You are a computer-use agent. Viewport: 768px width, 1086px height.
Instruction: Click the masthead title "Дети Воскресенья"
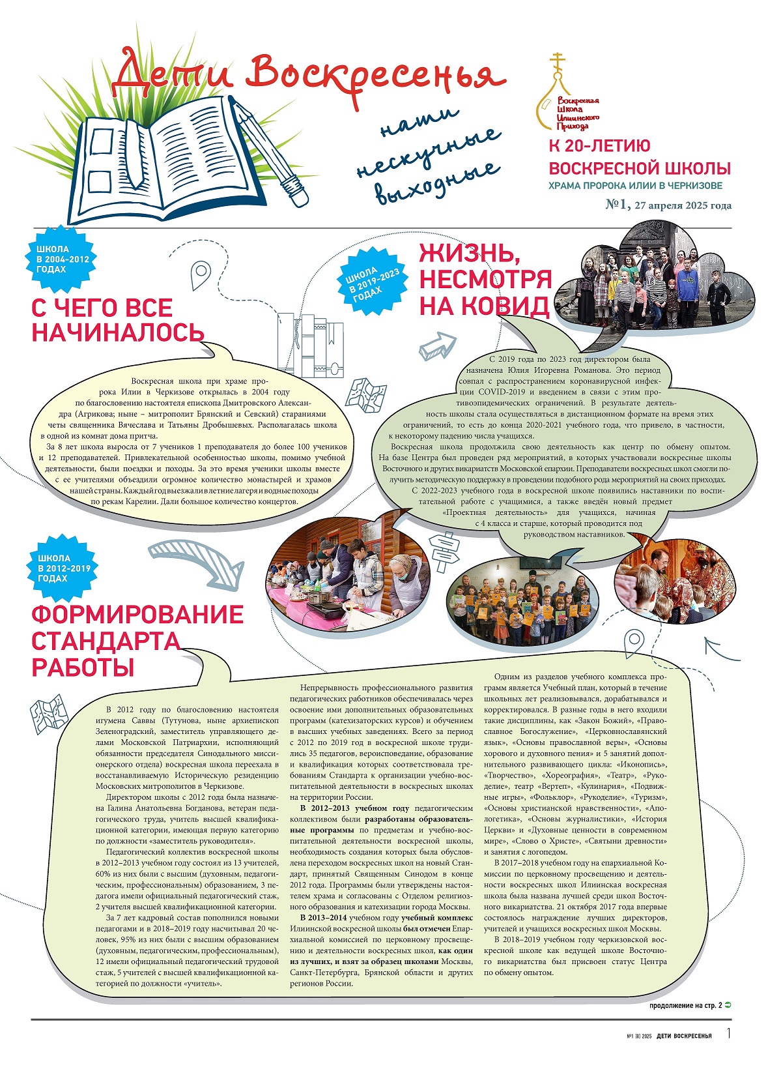[x=306, y=73]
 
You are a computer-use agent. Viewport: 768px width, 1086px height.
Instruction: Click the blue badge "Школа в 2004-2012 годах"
[x=61, y=259]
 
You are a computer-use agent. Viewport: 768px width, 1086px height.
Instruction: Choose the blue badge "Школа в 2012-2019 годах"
[x=63, y=568]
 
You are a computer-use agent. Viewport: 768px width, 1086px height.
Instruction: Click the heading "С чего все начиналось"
[x=117, y=320]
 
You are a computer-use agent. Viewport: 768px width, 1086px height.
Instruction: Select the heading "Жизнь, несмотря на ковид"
[x=485, y=279]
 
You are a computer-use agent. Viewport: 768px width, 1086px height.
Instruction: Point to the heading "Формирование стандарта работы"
[x=137, y=640]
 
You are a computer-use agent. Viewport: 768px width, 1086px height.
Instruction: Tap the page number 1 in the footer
[x=729, y=1034]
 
